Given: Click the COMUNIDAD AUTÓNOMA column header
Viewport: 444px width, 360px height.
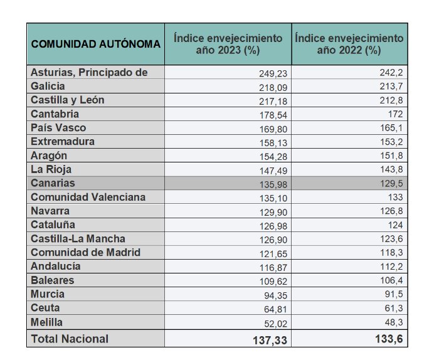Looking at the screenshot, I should [95, 44].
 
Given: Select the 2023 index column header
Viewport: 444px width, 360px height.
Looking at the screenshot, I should [228, 44].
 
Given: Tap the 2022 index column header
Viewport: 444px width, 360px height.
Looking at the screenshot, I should [349, 44].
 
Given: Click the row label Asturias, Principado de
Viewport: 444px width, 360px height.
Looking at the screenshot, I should [89, 72].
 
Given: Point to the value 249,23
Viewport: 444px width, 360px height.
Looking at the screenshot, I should [274, 73].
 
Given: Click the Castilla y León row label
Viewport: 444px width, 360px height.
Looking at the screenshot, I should [68, 100].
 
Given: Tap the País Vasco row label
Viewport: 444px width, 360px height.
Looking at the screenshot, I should [59, 128].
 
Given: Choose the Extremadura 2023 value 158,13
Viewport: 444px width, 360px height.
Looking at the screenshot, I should [274, 142].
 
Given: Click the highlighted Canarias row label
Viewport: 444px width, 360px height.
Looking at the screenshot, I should [53, 183].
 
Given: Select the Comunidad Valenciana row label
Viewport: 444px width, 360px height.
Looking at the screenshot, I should [88, 197].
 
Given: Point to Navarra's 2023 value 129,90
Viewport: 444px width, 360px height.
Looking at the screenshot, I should [274, 211].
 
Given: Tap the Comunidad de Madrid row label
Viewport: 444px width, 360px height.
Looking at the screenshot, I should [85, 252].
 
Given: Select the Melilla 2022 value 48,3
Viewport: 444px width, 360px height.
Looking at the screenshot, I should [393, 322].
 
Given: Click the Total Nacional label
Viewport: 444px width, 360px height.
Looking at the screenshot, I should [70, 339].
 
